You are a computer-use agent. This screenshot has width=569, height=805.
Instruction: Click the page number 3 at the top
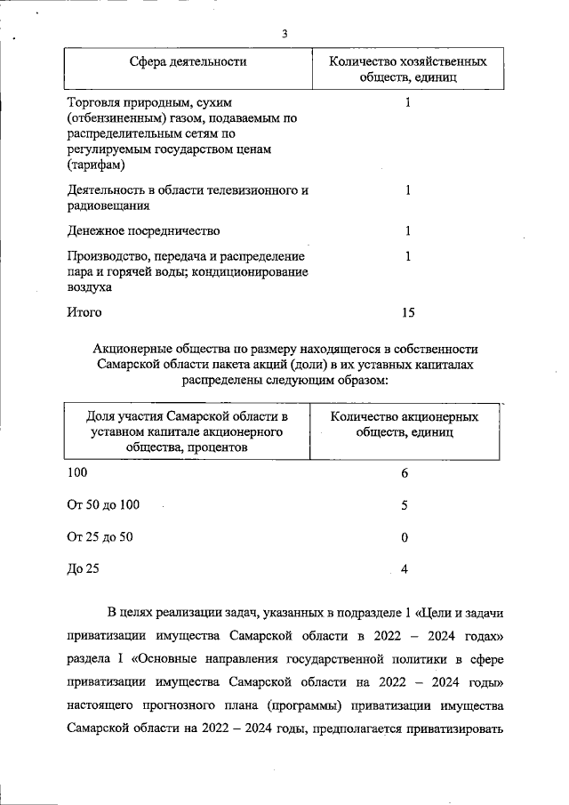click(284, 34)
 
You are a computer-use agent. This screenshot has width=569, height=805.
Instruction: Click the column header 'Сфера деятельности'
click(188, 61)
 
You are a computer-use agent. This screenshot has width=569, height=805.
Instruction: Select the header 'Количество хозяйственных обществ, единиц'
click(407, 70)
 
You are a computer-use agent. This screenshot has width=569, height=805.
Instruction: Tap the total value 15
click(408, 312)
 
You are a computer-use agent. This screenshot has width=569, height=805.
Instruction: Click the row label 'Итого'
click(84, 312)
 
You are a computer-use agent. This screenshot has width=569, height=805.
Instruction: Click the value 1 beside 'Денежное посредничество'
click(407, 231)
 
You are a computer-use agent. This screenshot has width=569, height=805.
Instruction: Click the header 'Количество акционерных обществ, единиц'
click(405, 424)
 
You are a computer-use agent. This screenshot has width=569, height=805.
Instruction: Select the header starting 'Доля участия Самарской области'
click(187, 432)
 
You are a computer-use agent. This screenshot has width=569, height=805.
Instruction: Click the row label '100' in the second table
click(78, 473)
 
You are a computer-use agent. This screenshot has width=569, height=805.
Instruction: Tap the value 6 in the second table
click(405, 473)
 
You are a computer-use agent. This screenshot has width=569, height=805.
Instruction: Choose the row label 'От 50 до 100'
click(103, 505)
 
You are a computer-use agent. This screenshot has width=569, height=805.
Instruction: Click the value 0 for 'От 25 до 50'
click(405, 537)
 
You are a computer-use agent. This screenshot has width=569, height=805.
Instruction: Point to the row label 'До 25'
click(83, 569)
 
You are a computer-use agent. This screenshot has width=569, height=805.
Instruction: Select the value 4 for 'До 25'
click(405, 569)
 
